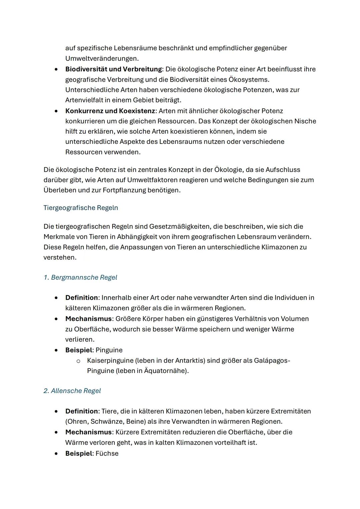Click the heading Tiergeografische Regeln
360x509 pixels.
tap(81, 208)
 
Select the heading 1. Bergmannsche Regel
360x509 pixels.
tap(80, 277)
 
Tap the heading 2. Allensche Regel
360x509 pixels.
tap(72, 391)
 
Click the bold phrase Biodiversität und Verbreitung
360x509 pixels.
tap(113, 69)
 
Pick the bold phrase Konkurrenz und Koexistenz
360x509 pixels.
tap(110, 111)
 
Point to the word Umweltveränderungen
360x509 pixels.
tap(101, 58)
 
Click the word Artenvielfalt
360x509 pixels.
tap(85, 100)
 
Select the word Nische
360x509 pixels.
tap(305, 121)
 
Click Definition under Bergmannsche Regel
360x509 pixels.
tap(82, 297)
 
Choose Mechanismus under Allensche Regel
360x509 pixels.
tap(88, 432)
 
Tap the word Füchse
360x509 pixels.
tap(107, 453)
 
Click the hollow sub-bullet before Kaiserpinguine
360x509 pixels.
tap(78, 361)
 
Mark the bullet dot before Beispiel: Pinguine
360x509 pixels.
tap(57, 350)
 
